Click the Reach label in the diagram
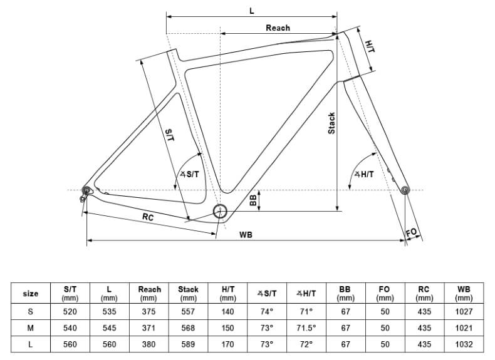coord(278,28)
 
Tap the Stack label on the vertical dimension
coord(332,123)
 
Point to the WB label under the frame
coord(246,234)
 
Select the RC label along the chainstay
coord(148,217)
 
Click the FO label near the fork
coord(412,233)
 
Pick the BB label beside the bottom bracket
coord(253,200)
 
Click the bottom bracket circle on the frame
coord(220,211)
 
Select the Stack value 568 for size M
coord(188,327)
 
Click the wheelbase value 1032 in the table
coord(464,344)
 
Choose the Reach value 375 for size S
coord(149,311)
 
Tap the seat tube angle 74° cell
coord(267,311)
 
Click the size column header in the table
coord(30,293)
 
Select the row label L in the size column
coord(30,344)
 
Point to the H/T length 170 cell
coord(227,344)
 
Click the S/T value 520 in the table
coord(70,311)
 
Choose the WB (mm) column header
coord(464,293)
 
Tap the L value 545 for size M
coord(109,327)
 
